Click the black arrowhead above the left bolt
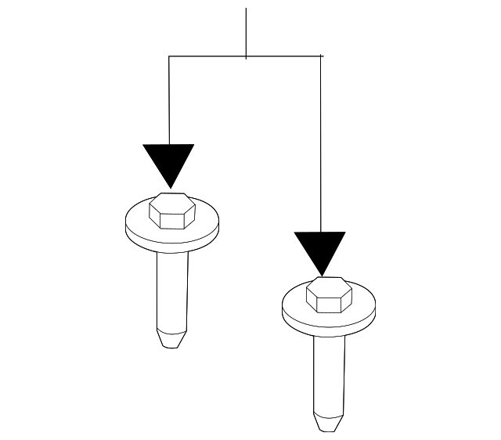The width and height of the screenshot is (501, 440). pos(168,160)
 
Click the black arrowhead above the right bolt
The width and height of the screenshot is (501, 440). pos(320,248)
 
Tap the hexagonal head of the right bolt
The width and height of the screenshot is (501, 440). pos(329,296)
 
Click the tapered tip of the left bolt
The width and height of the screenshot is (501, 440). pos(171,338)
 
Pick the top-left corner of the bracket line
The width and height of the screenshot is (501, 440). pos(169,56)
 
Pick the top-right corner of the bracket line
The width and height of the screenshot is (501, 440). pos(321,56)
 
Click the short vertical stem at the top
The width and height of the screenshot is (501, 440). pos(246,31)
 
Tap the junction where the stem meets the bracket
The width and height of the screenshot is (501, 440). pos(246,56)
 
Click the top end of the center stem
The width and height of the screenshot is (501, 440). pos(246,9)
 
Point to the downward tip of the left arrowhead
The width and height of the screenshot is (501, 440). pos(169,187)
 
